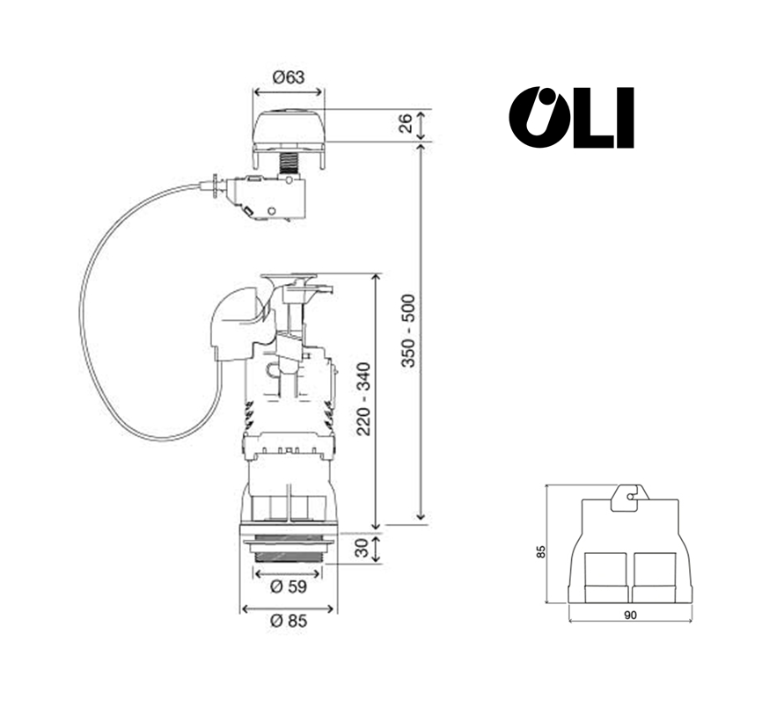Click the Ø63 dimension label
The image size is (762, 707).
(289, 77)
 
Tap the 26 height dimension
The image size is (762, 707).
(406, 122)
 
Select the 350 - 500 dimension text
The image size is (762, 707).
(408, 331)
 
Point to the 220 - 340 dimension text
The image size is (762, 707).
(363, 399)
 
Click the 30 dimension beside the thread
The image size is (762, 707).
(362, 549)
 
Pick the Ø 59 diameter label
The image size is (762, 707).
(289, 587)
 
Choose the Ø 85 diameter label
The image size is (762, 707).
(289, 621)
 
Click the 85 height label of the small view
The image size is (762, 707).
(541, 551)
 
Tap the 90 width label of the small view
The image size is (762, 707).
(630, 616)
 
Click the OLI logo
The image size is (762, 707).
(572, 118)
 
